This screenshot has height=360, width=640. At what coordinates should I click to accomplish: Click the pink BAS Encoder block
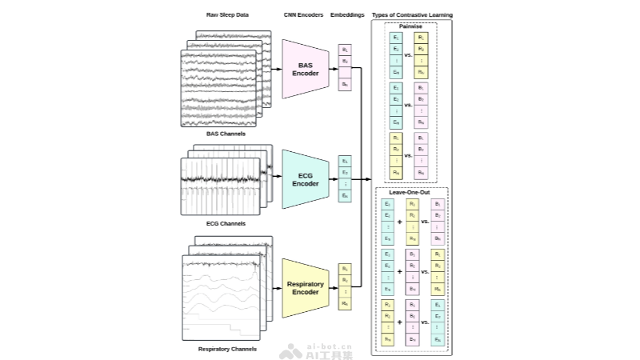click(x=306, y=70)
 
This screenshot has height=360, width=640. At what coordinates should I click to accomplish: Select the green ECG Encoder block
click(x=305, y=179)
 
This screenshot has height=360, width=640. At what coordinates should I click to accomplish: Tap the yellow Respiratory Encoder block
click(x=305, y=288)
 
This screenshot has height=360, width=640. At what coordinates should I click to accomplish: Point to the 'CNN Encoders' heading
click(x=302, y=16)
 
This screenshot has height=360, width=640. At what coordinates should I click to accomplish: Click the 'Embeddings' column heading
click(x=345, y=16)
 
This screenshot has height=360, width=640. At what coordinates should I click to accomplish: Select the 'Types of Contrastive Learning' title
click(x=411, y=16)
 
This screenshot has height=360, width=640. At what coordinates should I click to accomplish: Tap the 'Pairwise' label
click(x=411, y=26)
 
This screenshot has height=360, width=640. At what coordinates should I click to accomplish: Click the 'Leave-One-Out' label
click(x=411, y=193)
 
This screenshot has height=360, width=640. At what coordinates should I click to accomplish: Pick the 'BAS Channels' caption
click(x=226, y=134)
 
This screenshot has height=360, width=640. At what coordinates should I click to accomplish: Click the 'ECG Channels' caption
click(x=226, y=224)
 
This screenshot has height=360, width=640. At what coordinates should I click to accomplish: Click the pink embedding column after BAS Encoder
click(x=345, y=68)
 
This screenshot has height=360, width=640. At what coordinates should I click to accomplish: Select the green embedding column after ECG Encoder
click(x=345, y=178)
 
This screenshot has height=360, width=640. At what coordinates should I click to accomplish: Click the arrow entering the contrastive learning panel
click(x=367, y=178)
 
